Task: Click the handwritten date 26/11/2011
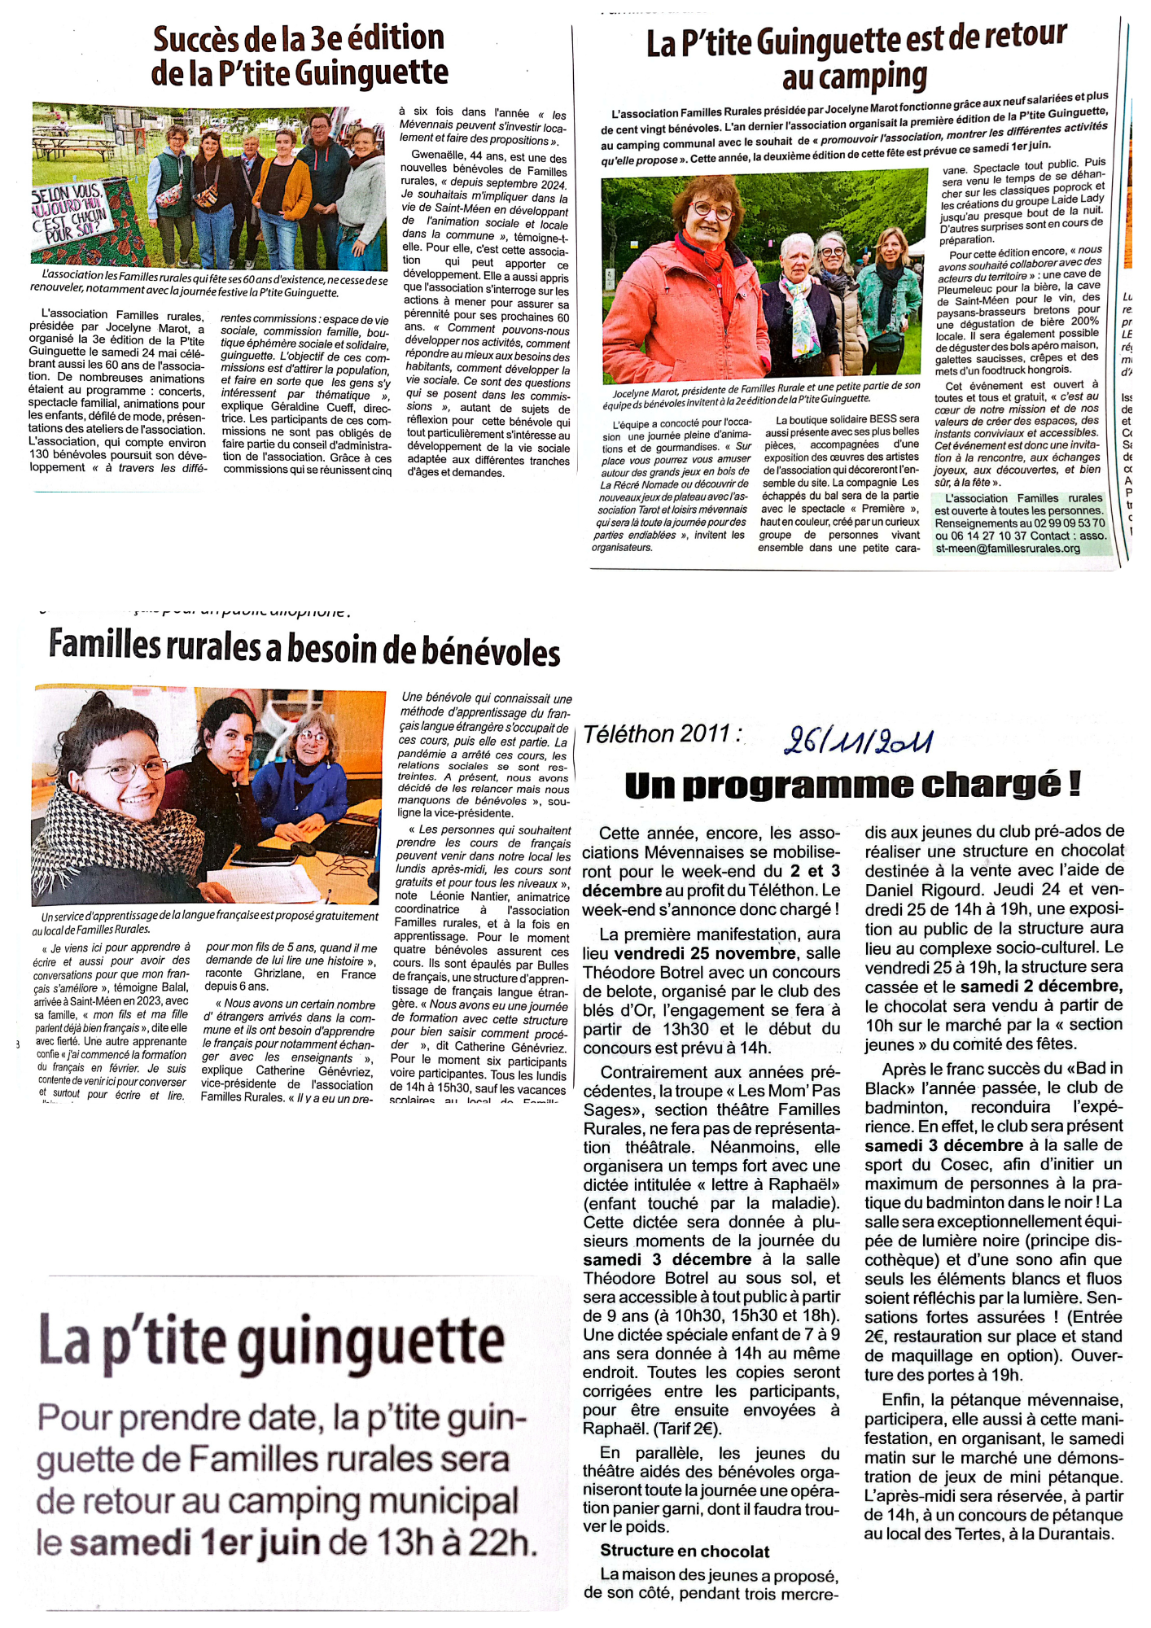click(x=858, y=740)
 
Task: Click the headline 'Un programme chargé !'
click(x=852, y=785)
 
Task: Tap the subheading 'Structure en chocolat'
click(x=685, y=1551)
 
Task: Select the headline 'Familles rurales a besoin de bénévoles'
click(x=304, y=649)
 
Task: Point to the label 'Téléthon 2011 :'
click(x=663, y=734)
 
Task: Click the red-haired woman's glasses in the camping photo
click(x=712, y=211)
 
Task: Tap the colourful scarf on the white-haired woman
click(x=803, y=317)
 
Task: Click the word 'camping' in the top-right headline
click(x=855, y=78)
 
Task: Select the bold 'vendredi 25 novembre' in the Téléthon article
click(x=705, y=953)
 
